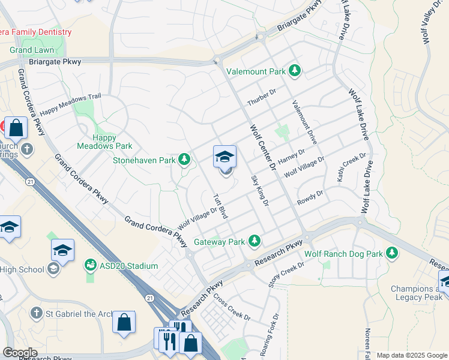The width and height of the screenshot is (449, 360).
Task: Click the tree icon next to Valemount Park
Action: pyautogui.click(x=295, y=71)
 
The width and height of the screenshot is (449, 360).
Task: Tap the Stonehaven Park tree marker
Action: pyautogui.click(x=185, y=160)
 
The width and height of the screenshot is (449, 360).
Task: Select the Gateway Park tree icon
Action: pyautogui.click(x=255, y=242)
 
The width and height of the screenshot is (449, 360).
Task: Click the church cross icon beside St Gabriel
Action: pyautogui.click(x=37, y=313)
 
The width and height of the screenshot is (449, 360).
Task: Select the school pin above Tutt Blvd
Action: pyautogui.click(x=225, y=157)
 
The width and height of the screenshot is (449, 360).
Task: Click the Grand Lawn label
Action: pyautogui.click(x=32, y=50)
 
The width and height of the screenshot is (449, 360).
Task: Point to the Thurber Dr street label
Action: pyautogui.click(x=261, y=97)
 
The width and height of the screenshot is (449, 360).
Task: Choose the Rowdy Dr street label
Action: pyautogui.click(x=310, y=199)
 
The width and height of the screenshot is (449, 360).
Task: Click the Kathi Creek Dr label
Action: pyautogui.click(x=351, y=164)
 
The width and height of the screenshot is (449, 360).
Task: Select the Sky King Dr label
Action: pyautogui.click(x=259, y=191)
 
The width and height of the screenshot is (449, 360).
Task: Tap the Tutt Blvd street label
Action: pyautogui.click(x=220, y=205)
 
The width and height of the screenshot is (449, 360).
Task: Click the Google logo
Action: pyautogui.click(x=20, y=353)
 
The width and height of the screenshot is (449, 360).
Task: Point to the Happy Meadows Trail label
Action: pyautogui.click(x=71, y=104)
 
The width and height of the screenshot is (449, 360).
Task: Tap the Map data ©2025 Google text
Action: pyautogui.click(x=412, y=355)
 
